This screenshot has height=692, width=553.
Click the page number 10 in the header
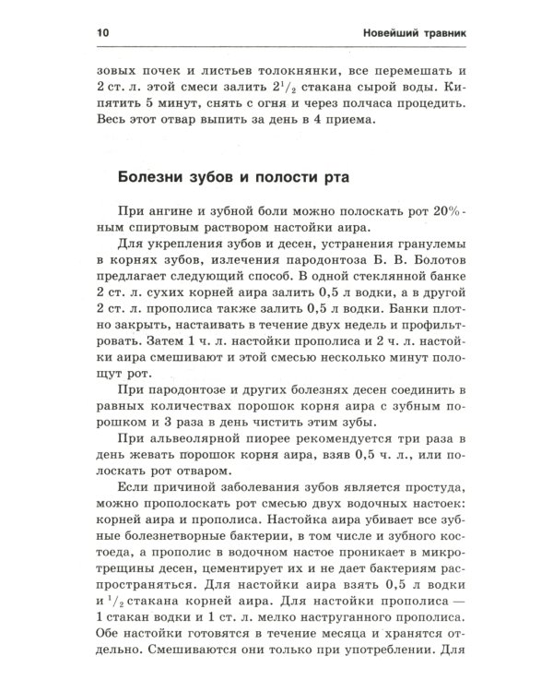(x=100, y=33)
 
